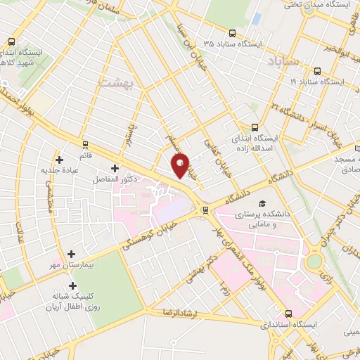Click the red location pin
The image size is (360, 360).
(x=181, y=165)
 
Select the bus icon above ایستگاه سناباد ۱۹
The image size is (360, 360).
(x=317, y=71)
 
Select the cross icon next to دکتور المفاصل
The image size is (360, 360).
(x=115, y=168)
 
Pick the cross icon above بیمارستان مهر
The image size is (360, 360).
(x=71, y=254)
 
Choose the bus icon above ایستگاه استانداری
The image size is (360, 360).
(x=288, y=314)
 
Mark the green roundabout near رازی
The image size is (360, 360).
(x=313, y=262)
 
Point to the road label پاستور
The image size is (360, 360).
(x=128, y=131)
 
